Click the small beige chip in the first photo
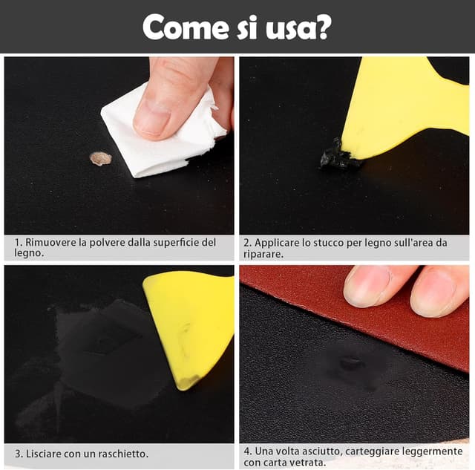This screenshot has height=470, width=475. tap(100, 158)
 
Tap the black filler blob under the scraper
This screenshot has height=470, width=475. tap(336, 156)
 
